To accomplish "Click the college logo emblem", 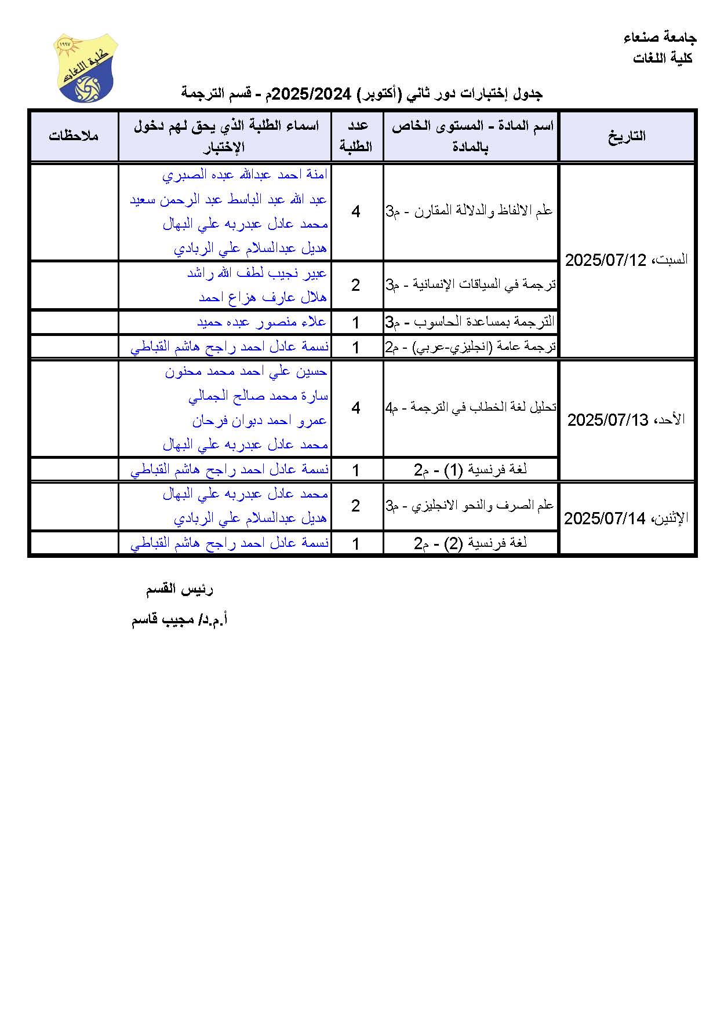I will [85, 68].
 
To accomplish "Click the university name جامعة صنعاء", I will [660, 38].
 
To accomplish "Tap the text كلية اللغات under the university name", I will [663, 58].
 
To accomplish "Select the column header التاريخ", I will [627, 136].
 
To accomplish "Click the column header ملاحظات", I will [74, 136].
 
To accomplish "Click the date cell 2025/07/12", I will [626, 260].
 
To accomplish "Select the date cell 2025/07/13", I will [626, 420].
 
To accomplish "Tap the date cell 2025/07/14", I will [626, 518].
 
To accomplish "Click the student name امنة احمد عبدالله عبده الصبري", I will [245, 174].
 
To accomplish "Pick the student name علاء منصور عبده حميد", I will [262, 321].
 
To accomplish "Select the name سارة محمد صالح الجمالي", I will [258, 396].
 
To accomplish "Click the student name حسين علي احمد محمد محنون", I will [246, 371].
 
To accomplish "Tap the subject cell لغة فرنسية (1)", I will [470, 470].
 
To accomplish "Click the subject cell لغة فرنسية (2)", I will [470, 543].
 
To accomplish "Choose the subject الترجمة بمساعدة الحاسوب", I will [470, 321].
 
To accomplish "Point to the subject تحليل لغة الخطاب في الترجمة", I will [470, 408].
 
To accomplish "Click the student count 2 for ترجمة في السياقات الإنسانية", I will [356, 285].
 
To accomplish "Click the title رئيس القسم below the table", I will [180, 590].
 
